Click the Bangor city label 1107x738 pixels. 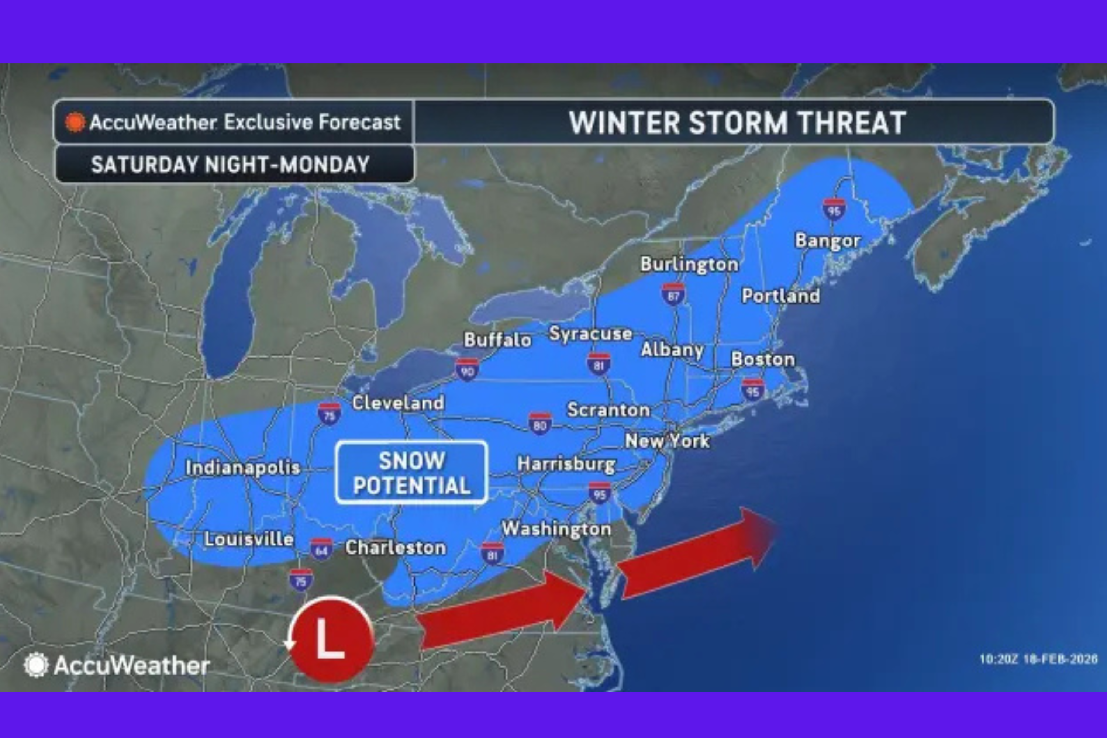(827, 241)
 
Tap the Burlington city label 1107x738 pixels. (689, 264)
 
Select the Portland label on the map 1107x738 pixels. (780, 296)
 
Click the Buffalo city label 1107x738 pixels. (497, 339)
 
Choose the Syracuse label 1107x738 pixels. (590, 333)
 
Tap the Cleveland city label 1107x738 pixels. (398, 403)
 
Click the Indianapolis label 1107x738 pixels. (242, 468)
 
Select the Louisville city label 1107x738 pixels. (248, 539)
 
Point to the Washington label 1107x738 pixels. (556, 528)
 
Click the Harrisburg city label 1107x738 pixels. (566, 464)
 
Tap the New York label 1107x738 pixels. (667, 441)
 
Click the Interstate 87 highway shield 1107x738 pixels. (673, 294)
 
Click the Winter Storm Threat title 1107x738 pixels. (737, 123)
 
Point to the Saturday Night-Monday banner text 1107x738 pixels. (230, 164)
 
